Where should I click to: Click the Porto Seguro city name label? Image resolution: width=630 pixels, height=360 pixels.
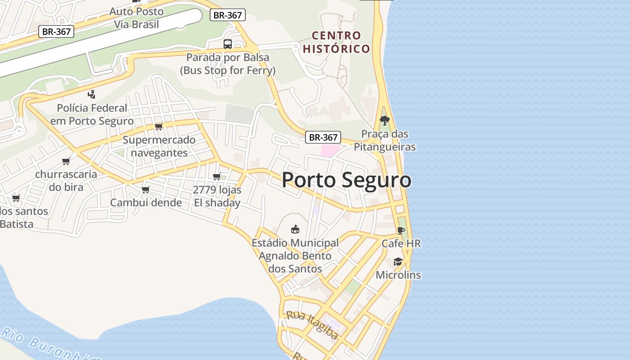346,180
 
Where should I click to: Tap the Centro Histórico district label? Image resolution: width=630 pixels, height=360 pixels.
337,42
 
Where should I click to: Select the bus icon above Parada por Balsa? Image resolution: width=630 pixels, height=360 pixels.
228,44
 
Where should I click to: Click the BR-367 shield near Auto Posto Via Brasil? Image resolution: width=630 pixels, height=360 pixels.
227,15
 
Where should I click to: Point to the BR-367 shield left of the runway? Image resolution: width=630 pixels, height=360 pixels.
56,31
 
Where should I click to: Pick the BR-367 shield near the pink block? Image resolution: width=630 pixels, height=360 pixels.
323,137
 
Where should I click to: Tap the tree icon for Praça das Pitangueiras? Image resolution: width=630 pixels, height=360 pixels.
384,120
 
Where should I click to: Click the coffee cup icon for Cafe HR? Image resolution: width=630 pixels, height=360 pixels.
400,231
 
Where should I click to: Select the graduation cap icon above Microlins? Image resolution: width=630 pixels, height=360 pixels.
398,262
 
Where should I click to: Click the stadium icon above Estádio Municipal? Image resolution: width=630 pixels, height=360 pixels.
295,229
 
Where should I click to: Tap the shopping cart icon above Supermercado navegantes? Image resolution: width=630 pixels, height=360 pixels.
158,126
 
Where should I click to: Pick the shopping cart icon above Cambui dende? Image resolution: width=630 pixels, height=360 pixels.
146,189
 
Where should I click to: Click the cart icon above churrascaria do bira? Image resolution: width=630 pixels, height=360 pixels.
66,161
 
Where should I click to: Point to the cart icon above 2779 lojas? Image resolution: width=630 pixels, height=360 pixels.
217,176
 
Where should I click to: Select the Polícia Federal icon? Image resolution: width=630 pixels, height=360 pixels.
92,94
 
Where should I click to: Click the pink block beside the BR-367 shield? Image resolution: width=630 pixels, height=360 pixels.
329,151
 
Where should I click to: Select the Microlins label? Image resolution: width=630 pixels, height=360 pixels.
398,275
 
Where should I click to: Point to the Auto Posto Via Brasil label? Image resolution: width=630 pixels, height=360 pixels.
136,18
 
